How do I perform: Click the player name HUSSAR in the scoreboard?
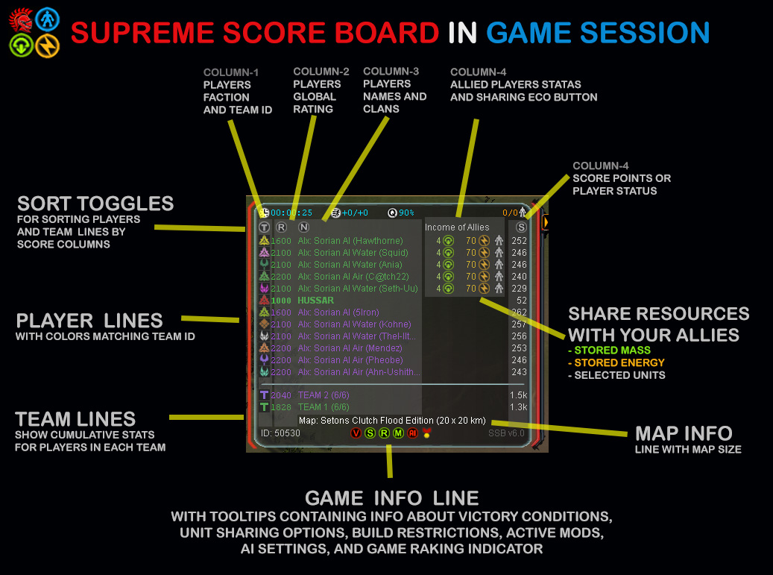316,301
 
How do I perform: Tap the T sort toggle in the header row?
264,227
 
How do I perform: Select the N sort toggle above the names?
303,227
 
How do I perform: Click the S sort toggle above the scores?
522,227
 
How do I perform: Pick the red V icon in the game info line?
356,433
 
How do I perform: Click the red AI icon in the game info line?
412,433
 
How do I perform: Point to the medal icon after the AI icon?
426,433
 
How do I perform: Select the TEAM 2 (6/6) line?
324,395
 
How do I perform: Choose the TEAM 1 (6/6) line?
324,407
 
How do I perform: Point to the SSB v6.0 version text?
507,433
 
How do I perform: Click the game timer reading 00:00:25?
291,213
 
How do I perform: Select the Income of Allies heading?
457,227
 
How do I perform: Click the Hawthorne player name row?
350,241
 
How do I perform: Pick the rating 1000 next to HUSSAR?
281,301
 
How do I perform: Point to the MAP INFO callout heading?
684,433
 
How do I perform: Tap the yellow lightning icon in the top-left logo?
48,45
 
